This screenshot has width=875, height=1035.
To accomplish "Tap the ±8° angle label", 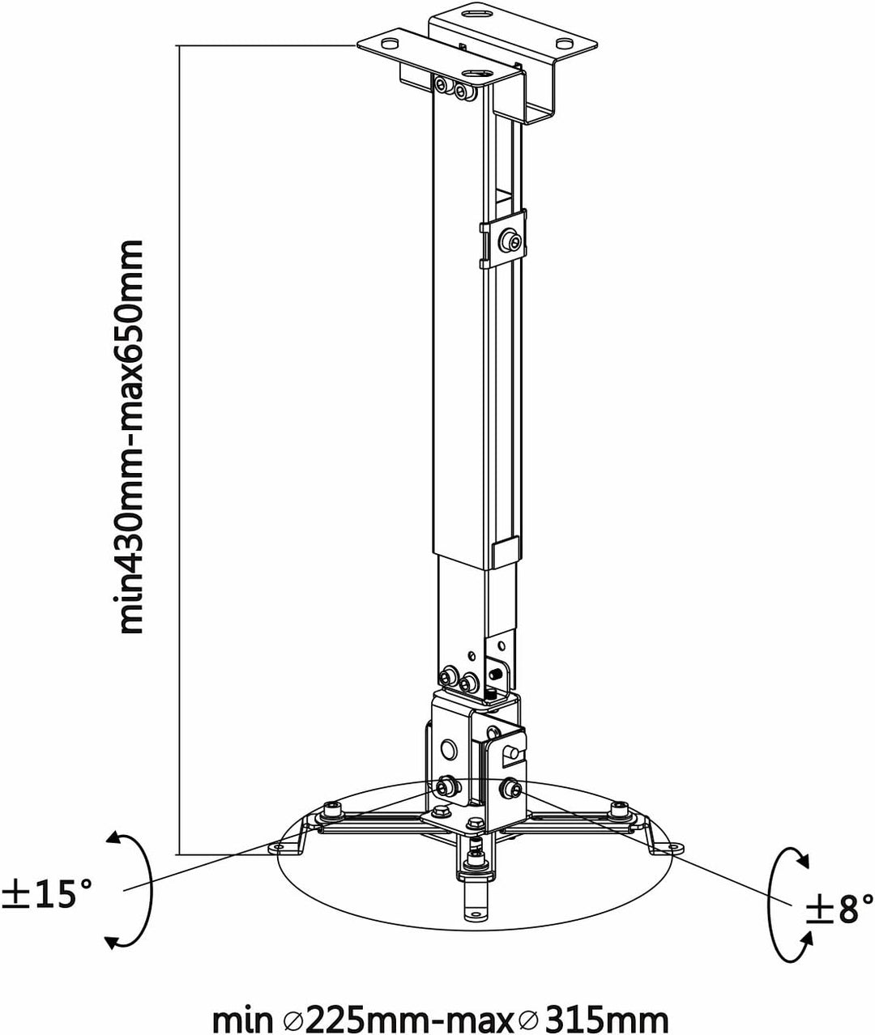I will pyautogui.click(x=839, y=908).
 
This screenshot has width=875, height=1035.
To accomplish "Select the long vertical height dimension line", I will pyautogui.click(x=179, y=445).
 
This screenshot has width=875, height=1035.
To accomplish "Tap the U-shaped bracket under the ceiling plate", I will pyautogui.click(x=539, y=101).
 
